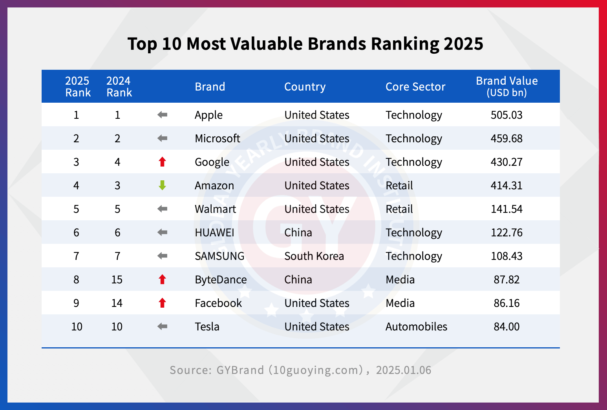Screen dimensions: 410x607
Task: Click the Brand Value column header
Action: click(x=506, y=86)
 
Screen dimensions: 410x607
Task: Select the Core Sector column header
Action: click(x=415, y=87)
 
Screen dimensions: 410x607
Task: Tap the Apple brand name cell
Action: click(x=208, y=115)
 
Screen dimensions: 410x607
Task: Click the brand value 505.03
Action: click(x=506, y=115)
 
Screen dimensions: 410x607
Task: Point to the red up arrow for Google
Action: click(x=162, y=162)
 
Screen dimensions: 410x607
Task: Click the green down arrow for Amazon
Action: click(x=162, y=185)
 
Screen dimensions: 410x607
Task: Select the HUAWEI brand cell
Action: click(x=214, y=232)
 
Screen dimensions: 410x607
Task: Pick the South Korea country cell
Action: click(x=314, y=256)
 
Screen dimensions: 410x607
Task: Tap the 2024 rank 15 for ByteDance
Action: click(x=117, y=279)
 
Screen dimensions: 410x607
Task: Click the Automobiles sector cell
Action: click(x=416, y=327)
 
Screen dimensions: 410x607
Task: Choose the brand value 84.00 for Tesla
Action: click(x=506, y=327)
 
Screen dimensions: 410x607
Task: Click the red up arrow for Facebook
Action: click(x=162, y=303)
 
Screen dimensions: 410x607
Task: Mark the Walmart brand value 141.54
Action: click(x=506, y=209)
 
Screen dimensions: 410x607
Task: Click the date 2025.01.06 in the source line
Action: click(x=404, y=370)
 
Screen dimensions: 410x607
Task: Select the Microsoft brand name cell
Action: click(x=217, y=138)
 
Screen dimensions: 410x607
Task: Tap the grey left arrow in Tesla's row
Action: click(x=162, y=327)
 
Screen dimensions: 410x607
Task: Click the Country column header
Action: click(x=305, y=87)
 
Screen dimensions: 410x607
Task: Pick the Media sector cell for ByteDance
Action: click(x=400, y=279)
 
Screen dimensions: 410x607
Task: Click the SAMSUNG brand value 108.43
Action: click(x=506, y=256)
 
